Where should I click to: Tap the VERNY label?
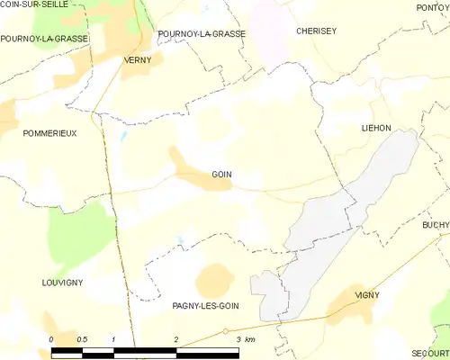tap(137, 60)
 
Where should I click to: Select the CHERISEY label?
tap(316, 31)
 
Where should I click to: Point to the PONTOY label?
tap(433, 7)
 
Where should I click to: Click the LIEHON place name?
tap(376, 129)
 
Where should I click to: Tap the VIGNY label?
tap(367, 294)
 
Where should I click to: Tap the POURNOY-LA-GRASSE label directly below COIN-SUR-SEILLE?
tap(44, 39)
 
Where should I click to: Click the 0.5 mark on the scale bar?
tap(83, 339)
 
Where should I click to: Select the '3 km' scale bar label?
tap(244, 339)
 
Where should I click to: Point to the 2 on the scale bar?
tap(175, 339)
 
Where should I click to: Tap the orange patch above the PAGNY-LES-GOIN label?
tap(215, 280)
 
